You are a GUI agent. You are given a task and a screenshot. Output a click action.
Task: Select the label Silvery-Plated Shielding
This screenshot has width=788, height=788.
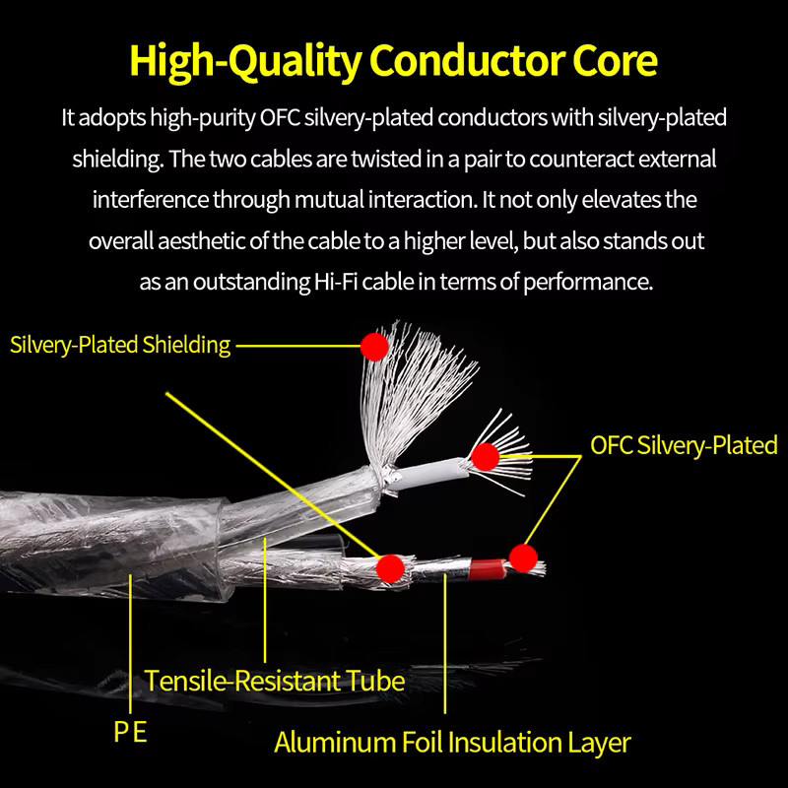pyautogui.click(x=120, y=346)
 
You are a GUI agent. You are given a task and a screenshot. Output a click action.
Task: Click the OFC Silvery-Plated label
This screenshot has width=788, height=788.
pyautogui.click(x=684, y=445)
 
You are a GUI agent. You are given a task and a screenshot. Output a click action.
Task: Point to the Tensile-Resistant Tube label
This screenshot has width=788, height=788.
pyautogui.click(x=275, y=681)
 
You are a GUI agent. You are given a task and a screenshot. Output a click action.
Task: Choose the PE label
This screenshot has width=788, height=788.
pyautogui.click(x=130, y=732)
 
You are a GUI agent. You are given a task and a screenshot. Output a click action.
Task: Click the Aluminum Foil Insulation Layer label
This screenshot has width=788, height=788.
pyautogui.click(x=452, y=743)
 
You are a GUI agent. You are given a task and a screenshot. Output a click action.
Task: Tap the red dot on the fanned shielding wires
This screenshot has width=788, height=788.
pyautogui.click(x=374, y=347)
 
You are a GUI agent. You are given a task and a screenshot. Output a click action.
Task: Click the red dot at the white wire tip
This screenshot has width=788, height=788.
pyautogui.click(x=485, y=457)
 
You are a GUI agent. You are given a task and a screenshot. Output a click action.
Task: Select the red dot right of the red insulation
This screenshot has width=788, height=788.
pyautogui.click(x=523, y=558)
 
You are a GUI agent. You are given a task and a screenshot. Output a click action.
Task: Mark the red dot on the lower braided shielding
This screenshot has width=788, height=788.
pyautogui.click(x=390, y=568)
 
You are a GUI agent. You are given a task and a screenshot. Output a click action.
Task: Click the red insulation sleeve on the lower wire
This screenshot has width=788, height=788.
pyautogui.click(x=487, y=570)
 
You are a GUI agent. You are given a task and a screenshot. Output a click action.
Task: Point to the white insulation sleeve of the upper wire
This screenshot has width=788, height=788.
pyautogui.click(x=427, y=474)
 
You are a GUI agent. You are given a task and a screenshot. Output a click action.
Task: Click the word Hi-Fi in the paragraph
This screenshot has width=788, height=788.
pyautogui.click(x=336, y=282)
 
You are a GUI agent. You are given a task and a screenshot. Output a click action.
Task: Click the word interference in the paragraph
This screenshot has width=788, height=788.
pyautogui.click(x=151, y=200)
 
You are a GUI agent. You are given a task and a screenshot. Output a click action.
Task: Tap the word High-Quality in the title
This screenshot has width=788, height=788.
pyautogui.click(x=244, y=61)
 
